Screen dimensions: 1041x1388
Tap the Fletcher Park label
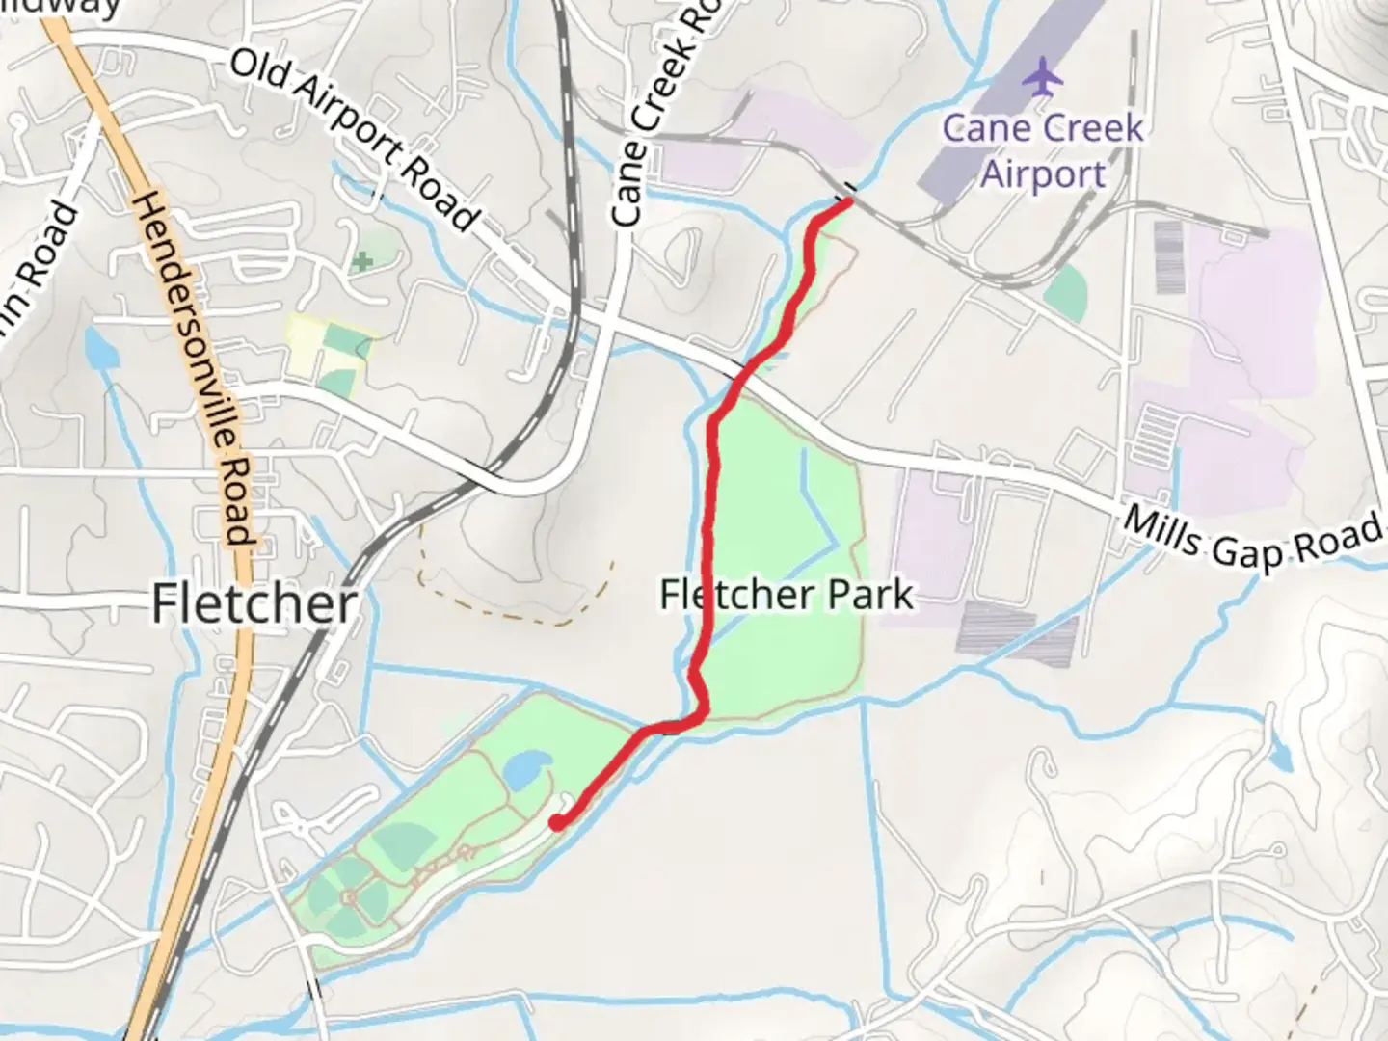[786, 595]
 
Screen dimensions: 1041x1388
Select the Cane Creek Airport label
[1043, 151]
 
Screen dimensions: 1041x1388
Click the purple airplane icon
[1042, 77]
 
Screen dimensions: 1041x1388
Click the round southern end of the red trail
[557, 822]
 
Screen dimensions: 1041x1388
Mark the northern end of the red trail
[846, 201]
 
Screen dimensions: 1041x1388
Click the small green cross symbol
[361, 261]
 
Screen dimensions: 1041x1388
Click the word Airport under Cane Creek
[1043, 175]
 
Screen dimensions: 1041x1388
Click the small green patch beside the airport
[1065, 289]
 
